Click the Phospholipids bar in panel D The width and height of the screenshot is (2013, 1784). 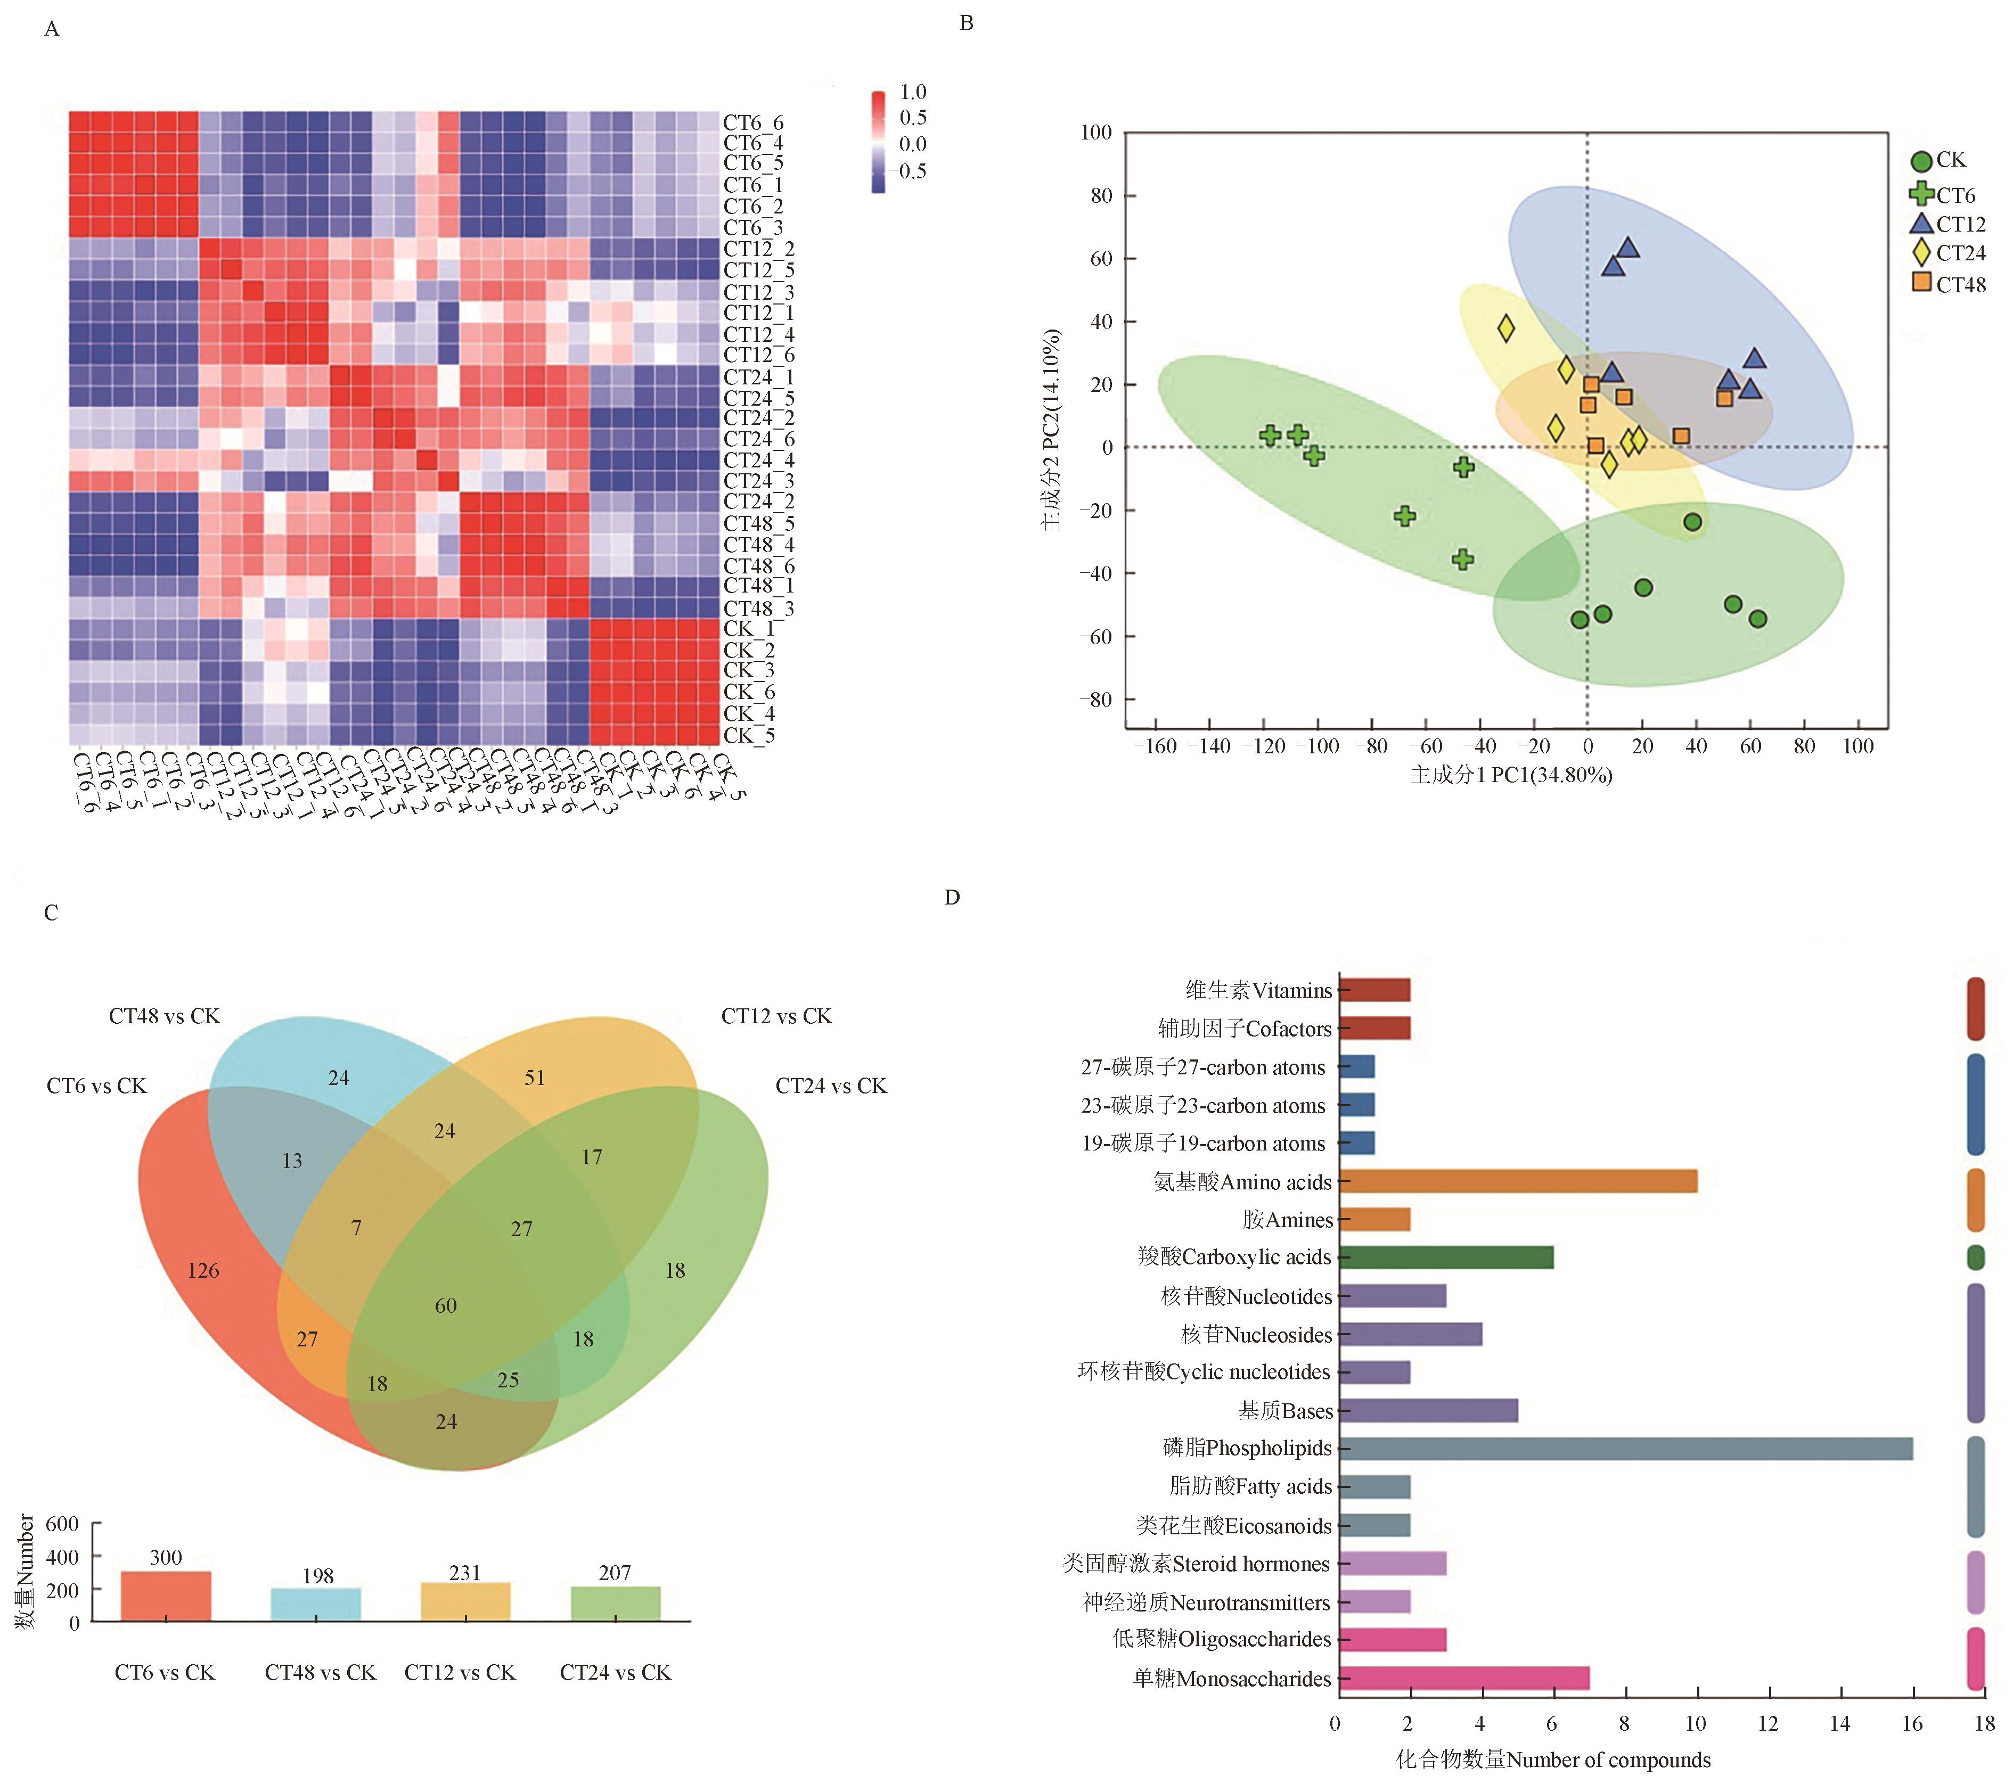(1625, 1448)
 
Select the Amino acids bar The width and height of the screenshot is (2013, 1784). (1517, 1181)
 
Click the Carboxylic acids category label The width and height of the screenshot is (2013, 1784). (1234, 1257)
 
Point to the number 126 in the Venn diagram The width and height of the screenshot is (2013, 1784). (204, 1270)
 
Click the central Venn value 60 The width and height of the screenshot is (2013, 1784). (446, 1305)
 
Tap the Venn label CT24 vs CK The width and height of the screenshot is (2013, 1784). (830, 1086)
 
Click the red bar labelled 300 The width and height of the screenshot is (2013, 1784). (166, 1596)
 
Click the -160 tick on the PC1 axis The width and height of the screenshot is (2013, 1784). (1154, 746)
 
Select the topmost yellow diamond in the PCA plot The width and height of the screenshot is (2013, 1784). (1506, 328)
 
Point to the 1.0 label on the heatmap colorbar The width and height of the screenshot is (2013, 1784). (913, 92)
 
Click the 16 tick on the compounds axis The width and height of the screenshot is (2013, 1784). (1912, 1723)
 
